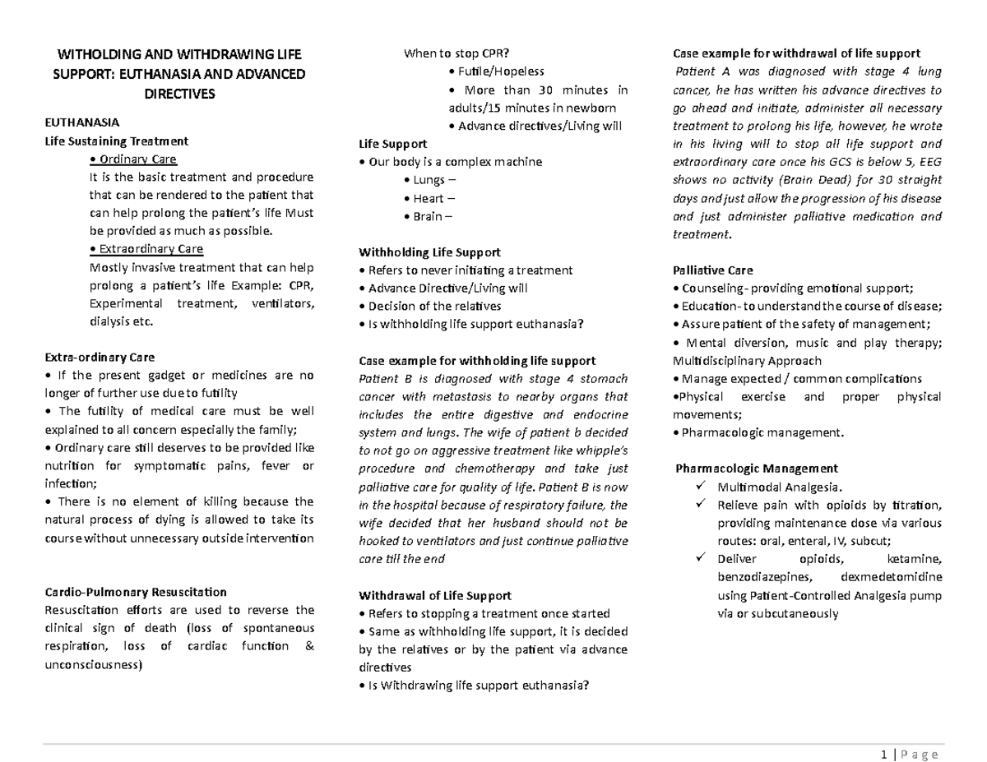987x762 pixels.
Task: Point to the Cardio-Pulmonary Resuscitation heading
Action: tap(134, 592)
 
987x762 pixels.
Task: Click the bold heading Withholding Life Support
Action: tap(430, 252)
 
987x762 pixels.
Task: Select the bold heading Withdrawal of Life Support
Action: tap(436, 595)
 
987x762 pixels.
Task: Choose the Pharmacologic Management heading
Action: tap(756, 469)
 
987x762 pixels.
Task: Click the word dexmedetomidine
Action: tap(892, 577)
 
